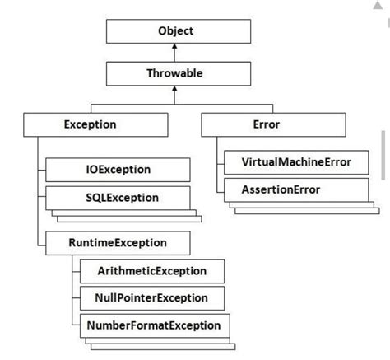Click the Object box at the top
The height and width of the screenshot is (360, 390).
(x=176, y=31)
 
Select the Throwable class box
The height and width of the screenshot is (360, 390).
(x=176, y=73)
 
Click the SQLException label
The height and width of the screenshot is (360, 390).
(x=121, y=198)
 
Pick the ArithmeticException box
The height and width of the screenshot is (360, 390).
(x=153, y=271)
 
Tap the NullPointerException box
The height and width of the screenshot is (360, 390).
(x=153, y=297)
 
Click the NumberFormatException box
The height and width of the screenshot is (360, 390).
(x=153, y=325)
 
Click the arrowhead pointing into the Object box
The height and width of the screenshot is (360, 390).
(x=176, y=48)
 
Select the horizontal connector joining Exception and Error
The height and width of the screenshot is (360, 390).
(x=176, y=104)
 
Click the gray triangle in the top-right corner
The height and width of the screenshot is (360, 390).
(x=378, y=7)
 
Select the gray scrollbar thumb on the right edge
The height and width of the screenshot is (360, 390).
(x=384, y=153)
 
